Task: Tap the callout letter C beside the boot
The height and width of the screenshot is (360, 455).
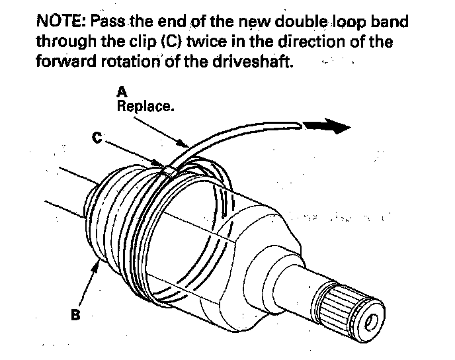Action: (98, 138)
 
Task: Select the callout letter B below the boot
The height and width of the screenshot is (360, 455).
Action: (75, 315)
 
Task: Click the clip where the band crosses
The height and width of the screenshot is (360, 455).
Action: (169, 169)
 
